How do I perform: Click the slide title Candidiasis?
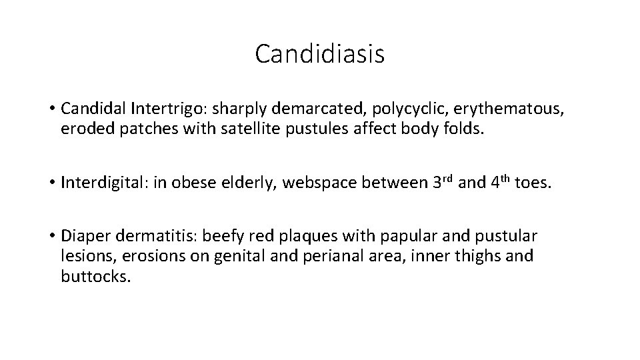click(319, 54)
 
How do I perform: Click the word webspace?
click(324, 183)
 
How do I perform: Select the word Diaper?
click(86, 237)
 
